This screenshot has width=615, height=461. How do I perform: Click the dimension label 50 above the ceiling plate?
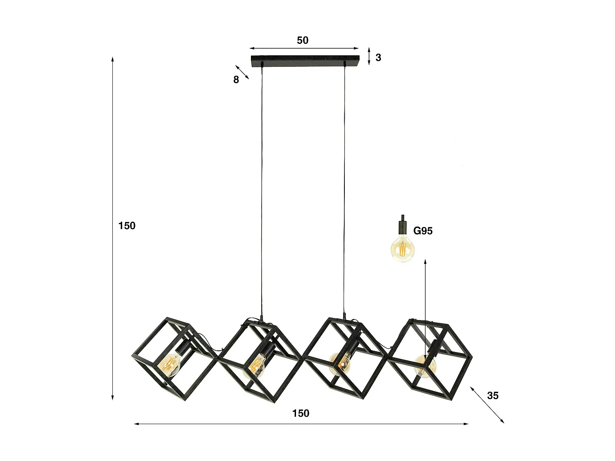[x=303, y=40]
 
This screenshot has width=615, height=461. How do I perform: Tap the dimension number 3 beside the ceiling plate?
[x=378, y=58]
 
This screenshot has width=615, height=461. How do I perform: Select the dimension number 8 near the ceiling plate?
[x=236, y=80]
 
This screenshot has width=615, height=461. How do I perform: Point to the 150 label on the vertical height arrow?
[x=127, y=225]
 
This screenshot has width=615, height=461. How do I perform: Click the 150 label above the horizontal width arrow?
[x=301, y=413]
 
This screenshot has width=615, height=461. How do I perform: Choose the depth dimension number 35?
[x=493, y=395]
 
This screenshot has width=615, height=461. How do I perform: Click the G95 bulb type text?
[x=423, y=231]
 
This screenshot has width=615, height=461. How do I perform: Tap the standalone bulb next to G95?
[x=402, y=248]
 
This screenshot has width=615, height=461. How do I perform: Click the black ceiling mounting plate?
[x=305, y=60]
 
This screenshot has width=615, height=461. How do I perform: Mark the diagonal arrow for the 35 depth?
[x=487, y=404]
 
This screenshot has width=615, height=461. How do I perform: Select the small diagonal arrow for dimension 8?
[x=242, y=72]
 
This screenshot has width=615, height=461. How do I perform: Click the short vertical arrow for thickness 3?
[x=369, y=56]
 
